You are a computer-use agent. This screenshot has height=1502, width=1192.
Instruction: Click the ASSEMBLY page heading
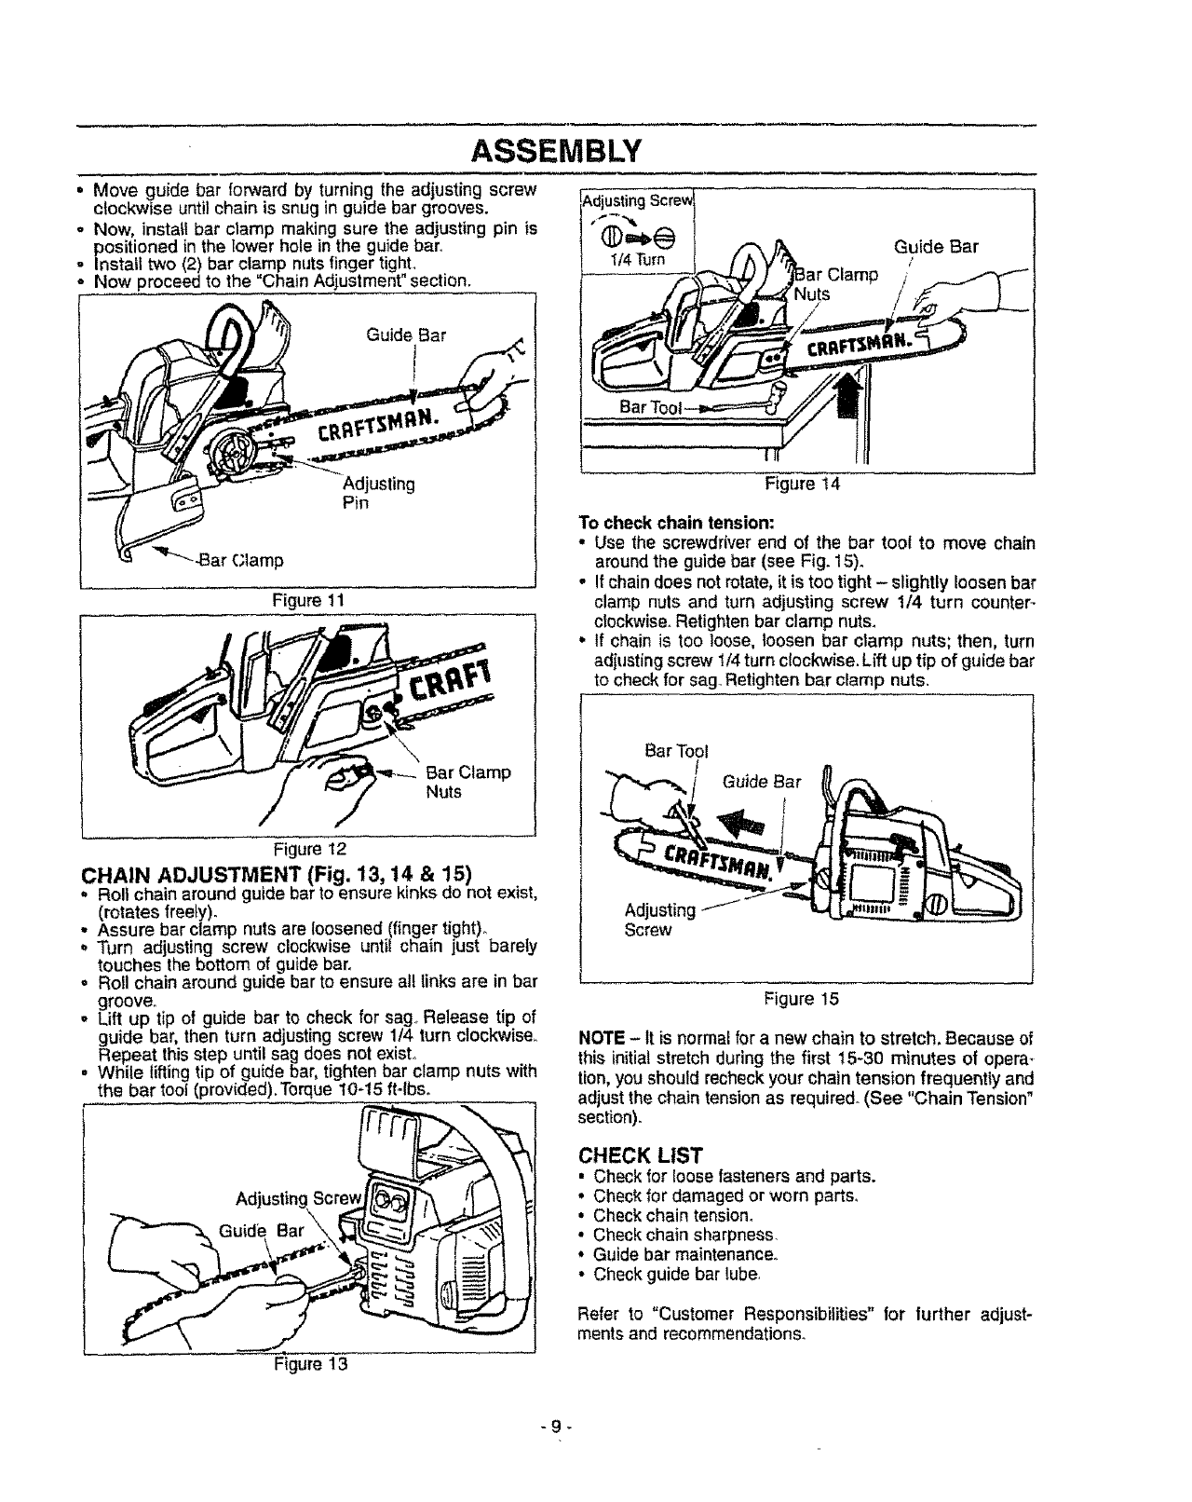tap(557, 150)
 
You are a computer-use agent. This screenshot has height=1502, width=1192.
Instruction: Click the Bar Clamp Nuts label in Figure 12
tap(467, 783)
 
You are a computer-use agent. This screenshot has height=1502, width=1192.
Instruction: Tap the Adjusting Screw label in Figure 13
tap(283, 1198)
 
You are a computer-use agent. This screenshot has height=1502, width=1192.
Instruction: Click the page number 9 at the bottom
tap(557, 1427)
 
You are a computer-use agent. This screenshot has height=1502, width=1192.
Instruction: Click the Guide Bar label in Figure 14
tap(935, 248)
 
